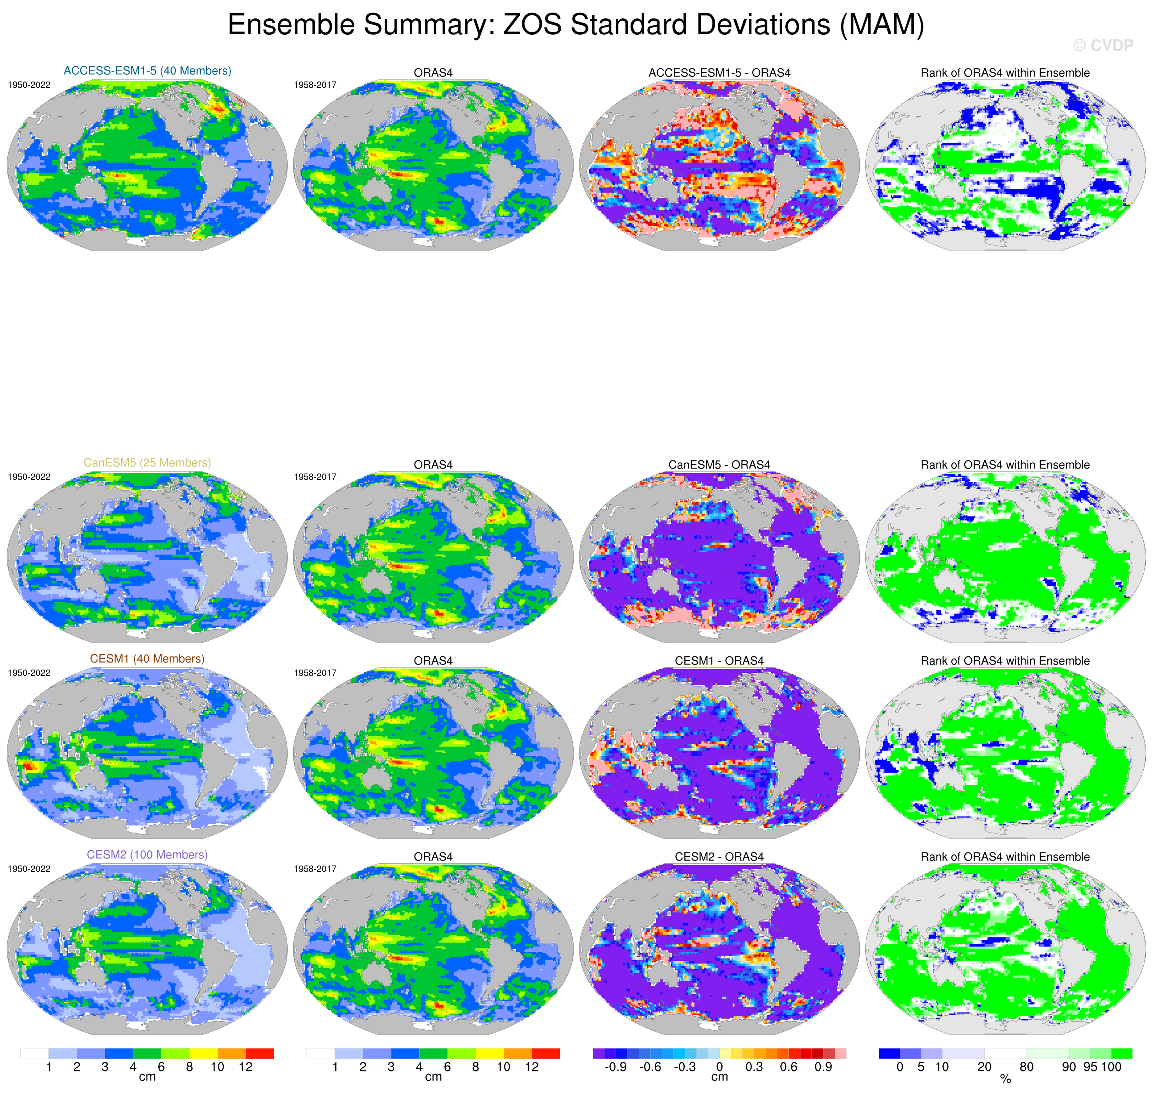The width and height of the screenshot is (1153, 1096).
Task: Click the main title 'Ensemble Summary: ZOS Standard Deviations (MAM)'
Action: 576,25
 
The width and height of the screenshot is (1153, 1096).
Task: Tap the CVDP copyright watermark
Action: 1103,46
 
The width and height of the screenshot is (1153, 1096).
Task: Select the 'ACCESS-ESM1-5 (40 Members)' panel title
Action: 147,71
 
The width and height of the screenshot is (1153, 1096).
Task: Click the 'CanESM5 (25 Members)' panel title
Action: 147,463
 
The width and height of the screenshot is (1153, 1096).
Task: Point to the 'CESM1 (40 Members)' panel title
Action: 147,658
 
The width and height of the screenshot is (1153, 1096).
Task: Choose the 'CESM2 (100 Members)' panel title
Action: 147,855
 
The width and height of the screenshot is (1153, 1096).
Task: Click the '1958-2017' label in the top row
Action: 315,85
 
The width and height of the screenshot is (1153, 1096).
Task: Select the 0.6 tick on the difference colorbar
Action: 788,1067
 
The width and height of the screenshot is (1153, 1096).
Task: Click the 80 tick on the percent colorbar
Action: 1026,1067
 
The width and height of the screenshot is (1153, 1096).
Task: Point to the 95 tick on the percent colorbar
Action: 1090,1067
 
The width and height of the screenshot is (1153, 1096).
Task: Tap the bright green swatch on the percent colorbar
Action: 1121,1054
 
